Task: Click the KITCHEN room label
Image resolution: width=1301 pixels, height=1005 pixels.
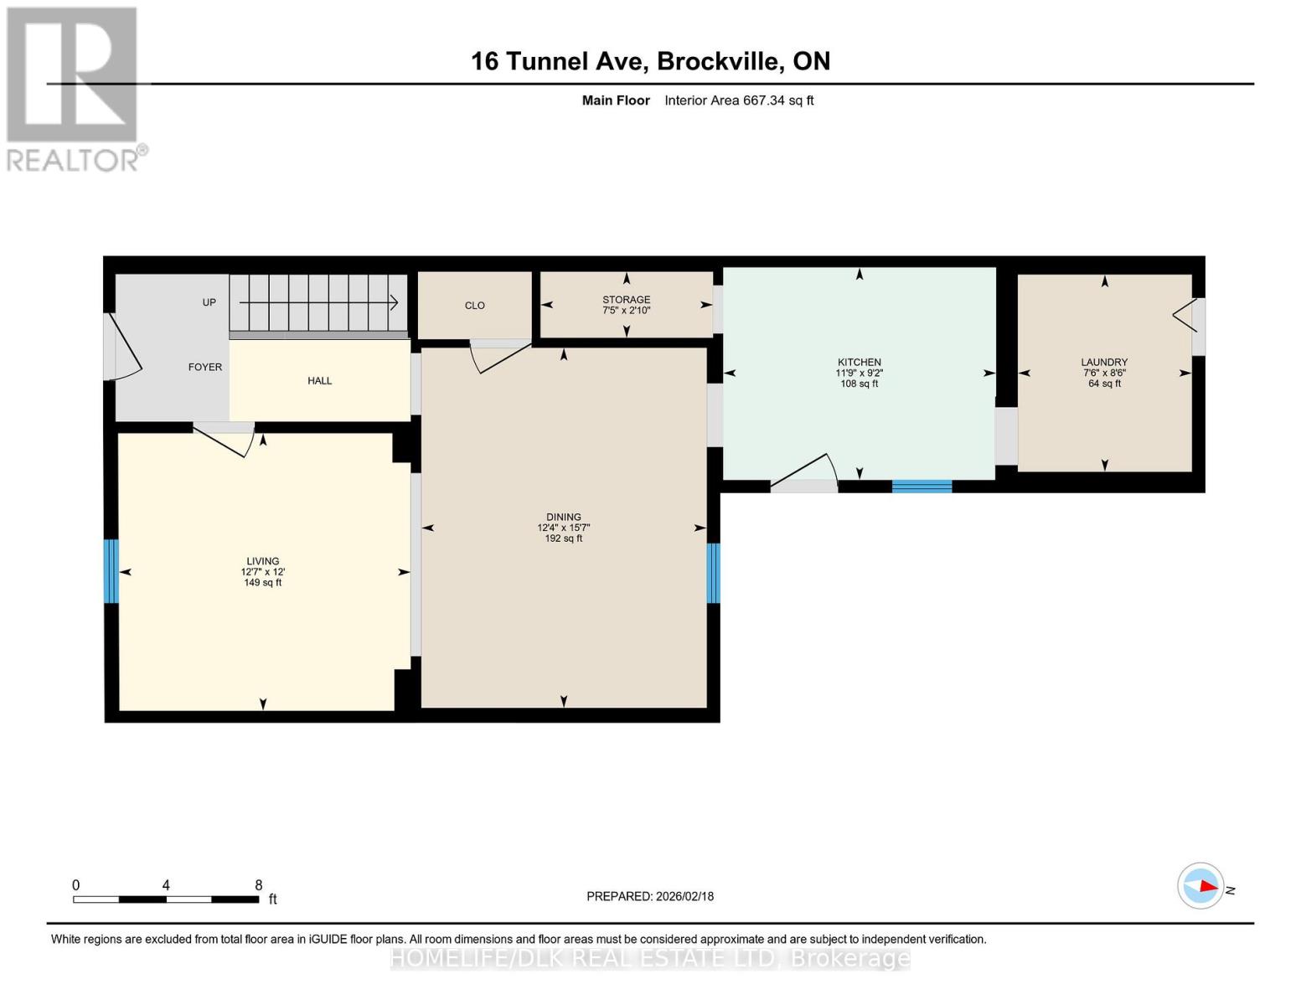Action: pos(859,363)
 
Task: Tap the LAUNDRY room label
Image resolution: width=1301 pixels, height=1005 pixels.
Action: pos(1104,363)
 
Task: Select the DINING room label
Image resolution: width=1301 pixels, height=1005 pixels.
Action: pos(563,518)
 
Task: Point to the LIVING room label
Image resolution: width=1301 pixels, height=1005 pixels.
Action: pos(262,561)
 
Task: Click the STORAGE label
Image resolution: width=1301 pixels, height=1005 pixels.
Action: pos(626,300)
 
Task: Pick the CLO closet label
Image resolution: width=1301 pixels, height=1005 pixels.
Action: pos(475,306)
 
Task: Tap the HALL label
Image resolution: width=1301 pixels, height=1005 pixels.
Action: pos(319,381)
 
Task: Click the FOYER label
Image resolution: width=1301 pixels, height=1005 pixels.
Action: pos(205,368)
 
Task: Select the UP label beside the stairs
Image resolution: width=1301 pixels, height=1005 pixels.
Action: pos(209,302)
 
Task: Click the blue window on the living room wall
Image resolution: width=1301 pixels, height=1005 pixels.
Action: pos(111,571)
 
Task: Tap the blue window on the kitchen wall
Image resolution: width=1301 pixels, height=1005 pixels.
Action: pos(922,486)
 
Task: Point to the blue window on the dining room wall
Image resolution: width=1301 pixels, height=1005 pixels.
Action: pos(714,574)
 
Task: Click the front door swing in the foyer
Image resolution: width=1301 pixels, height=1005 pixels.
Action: pos(124,348)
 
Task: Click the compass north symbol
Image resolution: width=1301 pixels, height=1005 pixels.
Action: pos(1201,886)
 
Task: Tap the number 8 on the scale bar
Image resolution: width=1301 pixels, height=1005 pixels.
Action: pos(259,885)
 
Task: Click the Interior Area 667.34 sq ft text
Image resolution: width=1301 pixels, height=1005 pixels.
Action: pos(739,100)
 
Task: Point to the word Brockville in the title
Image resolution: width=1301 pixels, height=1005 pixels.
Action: pos(720,61)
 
